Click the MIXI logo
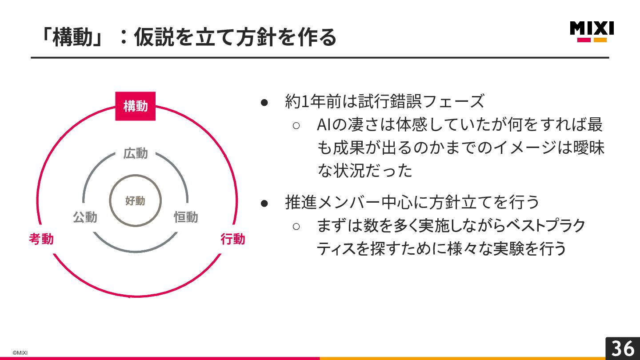592,29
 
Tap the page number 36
623,348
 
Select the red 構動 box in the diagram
136,106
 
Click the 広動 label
136,153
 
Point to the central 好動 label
135,201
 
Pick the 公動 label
85,217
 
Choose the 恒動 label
186,217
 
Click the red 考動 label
41,239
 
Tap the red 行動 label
233,239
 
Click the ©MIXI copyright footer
20,352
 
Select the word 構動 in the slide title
73,37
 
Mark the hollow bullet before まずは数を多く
296,226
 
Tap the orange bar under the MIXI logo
600,40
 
